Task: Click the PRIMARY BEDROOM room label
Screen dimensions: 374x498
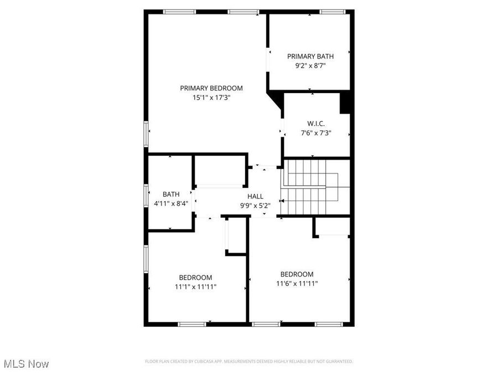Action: coord(211,88)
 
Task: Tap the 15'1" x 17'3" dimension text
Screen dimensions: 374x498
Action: coord(211,98)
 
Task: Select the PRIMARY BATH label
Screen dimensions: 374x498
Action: coord(310,56)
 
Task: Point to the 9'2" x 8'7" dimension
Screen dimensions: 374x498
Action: coord(310,65)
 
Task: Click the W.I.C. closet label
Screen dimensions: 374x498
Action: coord(316,124)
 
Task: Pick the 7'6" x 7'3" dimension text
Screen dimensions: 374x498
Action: coord(316,133)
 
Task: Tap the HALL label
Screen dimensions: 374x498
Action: coord(255,196)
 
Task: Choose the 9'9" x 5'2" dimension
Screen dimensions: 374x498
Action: coord(255,206)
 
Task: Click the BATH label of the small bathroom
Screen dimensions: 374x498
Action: coord(171,194)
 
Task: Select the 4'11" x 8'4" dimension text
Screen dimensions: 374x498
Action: coord(171,203)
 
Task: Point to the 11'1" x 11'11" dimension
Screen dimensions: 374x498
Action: coord(195,287)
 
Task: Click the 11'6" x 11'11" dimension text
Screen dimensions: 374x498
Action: coord(297,284)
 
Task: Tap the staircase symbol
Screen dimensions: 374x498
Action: coord(310,187)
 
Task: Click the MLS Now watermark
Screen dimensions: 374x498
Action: coord(26,364)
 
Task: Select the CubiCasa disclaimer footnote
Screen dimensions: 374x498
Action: coord(248,362)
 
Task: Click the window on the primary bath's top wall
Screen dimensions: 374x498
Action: coord(333,12)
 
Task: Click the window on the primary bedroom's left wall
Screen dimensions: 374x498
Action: coord(147,135)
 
